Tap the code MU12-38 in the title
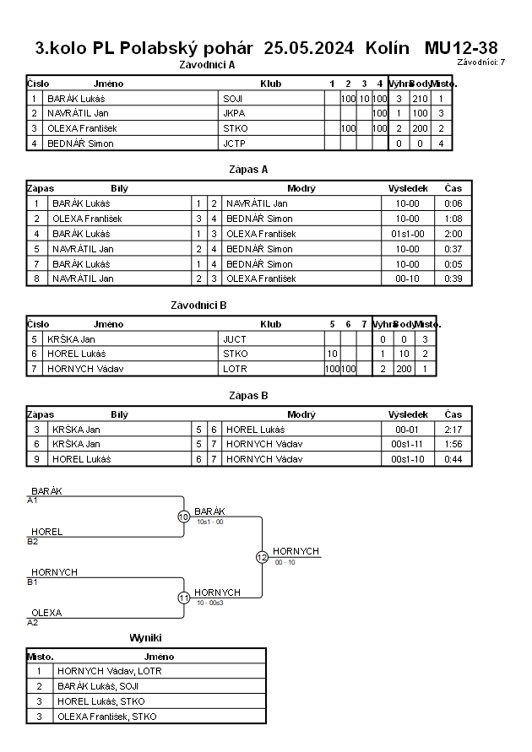tap(461, 48)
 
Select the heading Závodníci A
tap(208, 64)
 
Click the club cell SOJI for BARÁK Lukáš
tap(233, 99)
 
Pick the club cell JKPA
tap(234, 113)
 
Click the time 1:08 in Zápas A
tap(453, 219)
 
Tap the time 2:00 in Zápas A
tap(453, 234)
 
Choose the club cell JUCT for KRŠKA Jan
tap(235, 339)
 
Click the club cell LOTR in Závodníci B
tap(235, 369)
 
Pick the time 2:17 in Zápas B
tap(453, 430)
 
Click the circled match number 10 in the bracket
tap(183, 517)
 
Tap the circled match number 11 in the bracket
tap(183, 598)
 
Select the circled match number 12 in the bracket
tap(262, 557)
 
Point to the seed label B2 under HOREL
tap(33, 541)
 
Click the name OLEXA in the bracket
tap(46, 613)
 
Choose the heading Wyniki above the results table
tap(145, 638)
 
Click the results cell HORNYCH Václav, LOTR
tap(110, 671)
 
